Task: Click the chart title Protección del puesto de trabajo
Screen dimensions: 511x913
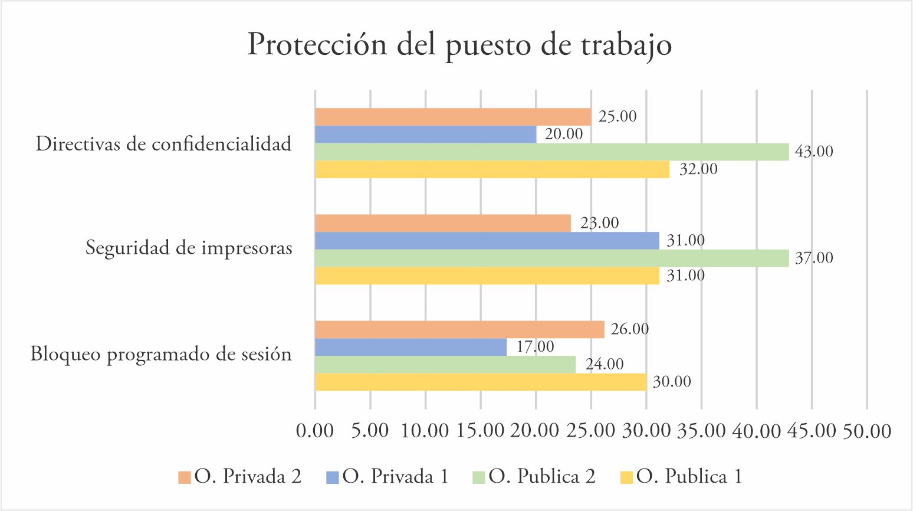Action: (x=459, y=45)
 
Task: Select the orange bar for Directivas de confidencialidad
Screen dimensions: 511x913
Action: (x=452, y=117)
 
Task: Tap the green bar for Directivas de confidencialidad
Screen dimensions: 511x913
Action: (x=551, y=152)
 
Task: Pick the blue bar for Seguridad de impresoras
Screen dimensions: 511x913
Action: (x=487, y=241)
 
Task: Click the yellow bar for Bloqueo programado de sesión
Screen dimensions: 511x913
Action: (x=480, y=382)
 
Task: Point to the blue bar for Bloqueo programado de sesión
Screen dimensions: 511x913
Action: (x=410, y=347)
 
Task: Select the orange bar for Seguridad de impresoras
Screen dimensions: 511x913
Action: (x=442, y=223)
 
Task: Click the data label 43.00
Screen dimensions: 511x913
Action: (x=814, y=152)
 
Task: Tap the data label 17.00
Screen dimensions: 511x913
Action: (x=535, y=346)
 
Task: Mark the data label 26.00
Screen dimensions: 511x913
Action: (x=629, y=329)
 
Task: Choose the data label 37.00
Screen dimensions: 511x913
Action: (x=814, y=258)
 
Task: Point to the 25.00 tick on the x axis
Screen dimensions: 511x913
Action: (x=591, y=431)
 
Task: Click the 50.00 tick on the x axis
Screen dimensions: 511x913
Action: (x=866, y=431)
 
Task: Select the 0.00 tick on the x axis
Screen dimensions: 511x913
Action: (x=315, y=431)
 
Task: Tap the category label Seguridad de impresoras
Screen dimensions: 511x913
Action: (x=189, y=248)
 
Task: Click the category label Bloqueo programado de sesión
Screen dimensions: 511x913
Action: (x=161, y=354)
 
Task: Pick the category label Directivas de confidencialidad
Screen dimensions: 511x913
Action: (x=163, y=143)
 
